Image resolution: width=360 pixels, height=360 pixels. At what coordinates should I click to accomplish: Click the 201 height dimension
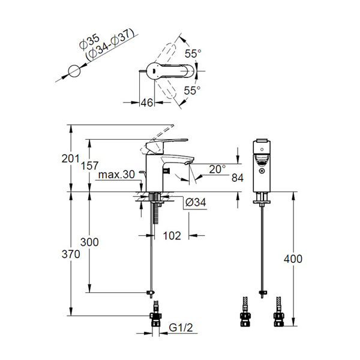(70, 158)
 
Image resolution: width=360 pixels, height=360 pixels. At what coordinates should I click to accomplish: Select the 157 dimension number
(90, 166)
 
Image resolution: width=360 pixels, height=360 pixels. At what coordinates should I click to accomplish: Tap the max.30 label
(116, 175)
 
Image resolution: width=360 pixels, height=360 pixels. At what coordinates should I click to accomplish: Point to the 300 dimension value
(89, 242)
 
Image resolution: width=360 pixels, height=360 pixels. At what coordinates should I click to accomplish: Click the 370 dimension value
(71, 254)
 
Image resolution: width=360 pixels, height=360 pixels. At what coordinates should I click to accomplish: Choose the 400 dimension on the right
(293, 259)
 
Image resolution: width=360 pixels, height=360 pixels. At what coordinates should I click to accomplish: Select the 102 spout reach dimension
(172, 236)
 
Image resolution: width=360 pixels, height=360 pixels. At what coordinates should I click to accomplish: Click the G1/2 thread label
(181, 328)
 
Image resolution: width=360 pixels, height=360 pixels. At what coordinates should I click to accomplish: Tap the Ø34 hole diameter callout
(196, 202)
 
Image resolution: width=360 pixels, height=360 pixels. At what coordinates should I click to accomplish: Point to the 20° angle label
(217, 169)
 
